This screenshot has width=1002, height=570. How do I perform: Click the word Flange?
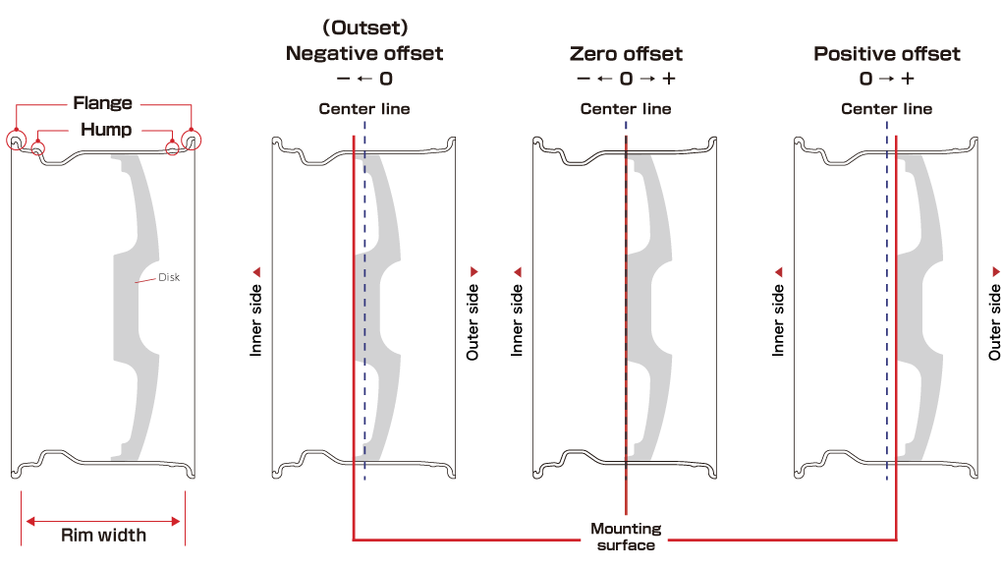pos(102,103)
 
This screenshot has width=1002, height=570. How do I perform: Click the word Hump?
pos(106,130)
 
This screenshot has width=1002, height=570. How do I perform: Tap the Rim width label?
pos(103,536)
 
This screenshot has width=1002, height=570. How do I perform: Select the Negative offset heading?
pos(364,54)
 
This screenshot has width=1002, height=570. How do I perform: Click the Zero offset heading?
pos(626,54)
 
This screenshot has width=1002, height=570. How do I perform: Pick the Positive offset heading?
pos(886,54)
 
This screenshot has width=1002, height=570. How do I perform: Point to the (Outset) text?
pos(364,27)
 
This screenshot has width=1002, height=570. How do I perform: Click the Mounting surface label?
pos(626,537)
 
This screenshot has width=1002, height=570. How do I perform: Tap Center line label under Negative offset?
pos(364,109)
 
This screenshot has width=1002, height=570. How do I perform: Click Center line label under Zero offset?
pos(626,109)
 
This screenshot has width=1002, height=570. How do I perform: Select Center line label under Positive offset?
pos(886,109)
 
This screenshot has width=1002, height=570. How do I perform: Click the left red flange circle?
pos(17,141)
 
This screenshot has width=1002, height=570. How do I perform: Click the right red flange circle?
pos(189,141)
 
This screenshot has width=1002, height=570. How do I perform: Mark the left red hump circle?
pos(38,149)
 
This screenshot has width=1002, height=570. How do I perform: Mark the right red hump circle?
pos(173,148)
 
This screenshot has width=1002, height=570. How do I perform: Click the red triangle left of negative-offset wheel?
pos(256,271)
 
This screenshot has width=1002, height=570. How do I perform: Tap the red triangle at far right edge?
pos(995,271)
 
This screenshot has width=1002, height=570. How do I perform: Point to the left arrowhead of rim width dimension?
pos(28,521)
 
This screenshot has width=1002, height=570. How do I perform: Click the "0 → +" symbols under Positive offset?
pos(886,79)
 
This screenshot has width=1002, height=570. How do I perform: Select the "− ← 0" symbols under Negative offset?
pos(364,79)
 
